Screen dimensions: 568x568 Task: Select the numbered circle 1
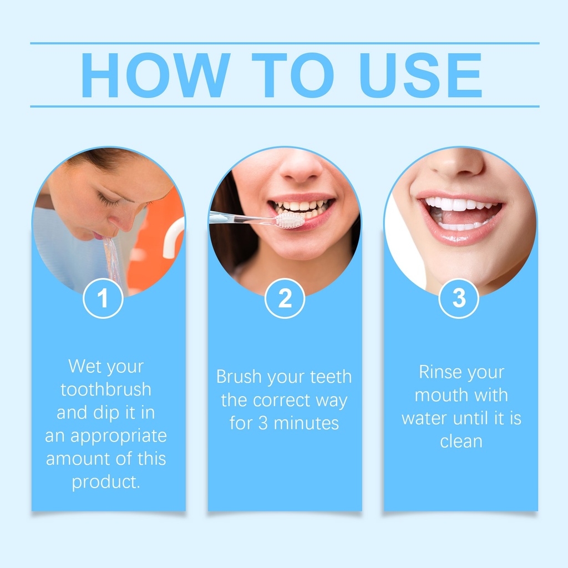point(103,298)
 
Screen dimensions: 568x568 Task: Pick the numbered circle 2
point(285,298)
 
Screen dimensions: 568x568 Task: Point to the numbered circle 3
point(459,298)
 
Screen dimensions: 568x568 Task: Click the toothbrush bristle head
point(290,220)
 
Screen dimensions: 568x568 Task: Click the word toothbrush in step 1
point(106,389)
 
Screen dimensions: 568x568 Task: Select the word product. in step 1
point(106,483)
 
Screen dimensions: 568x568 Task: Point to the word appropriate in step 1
point(119,437)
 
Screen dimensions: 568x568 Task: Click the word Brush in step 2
point(239,377)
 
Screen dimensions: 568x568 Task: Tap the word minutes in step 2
point(306,423)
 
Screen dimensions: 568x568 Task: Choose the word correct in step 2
point(281,400)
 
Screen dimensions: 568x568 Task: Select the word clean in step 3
point(461,441)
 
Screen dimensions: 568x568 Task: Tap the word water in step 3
point(424,419)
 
